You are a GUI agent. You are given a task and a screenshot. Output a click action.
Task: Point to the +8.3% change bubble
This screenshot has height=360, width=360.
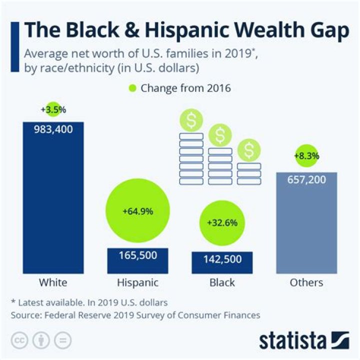click(x=306, y=156)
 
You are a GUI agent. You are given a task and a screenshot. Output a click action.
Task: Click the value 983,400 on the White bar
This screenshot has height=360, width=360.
click(x=53, y=129)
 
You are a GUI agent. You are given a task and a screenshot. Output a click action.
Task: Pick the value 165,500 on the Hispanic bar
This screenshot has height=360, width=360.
click(x=137, y=255)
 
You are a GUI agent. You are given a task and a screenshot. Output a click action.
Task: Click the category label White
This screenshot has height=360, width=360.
click(x=53, y=282)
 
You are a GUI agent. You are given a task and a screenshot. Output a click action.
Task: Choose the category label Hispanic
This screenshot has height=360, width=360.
click(x=137, y=282)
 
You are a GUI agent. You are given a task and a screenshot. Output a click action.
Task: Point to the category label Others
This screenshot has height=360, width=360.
click(x=306, y=282)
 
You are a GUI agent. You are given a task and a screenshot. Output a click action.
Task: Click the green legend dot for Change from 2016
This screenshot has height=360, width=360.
click(x=132, y=88)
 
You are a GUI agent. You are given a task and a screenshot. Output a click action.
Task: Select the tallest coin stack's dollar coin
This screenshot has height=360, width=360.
click(x=191, y=120)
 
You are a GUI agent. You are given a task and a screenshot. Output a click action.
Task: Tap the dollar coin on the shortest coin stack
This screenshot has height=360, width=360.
click(x=249, y=149)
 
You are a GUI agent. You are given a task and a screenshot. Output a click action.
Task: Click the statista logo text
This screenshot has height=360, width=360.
click(x=292, y=341)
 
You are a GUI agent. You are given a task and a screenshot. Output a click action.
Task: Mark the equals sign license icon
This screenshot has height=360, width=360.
click(x=63, y=340)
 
